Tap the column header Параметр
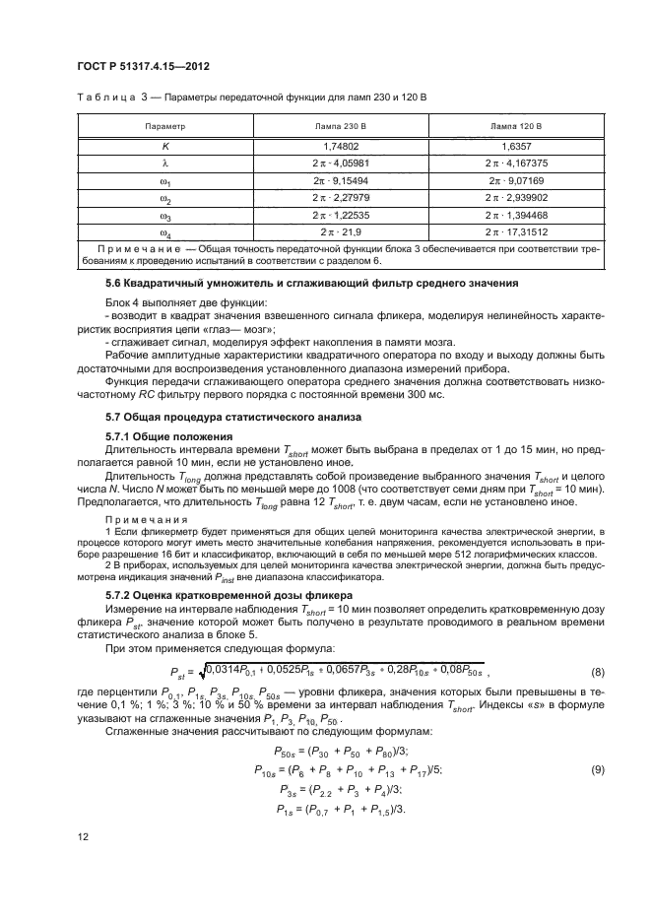[164, 127]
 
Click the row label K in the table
[164, 146]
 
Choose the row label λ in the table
[164, 164]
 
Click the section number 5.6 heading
[117, 284]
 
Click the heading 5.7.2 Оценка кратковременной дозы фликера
[225, 596]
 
